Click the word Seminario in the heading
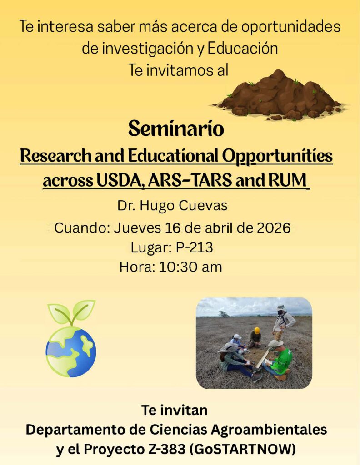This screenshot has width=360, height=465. pos(176,129)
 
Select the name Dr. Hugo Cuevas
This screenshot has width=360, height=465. pos(172,206)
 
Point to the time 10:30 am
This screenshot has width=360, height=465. pos(190,267)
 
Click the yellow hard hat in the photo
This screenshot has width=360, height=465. pos(257,331)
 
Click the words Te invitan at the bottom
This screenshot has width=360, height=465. pos(175,410)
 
